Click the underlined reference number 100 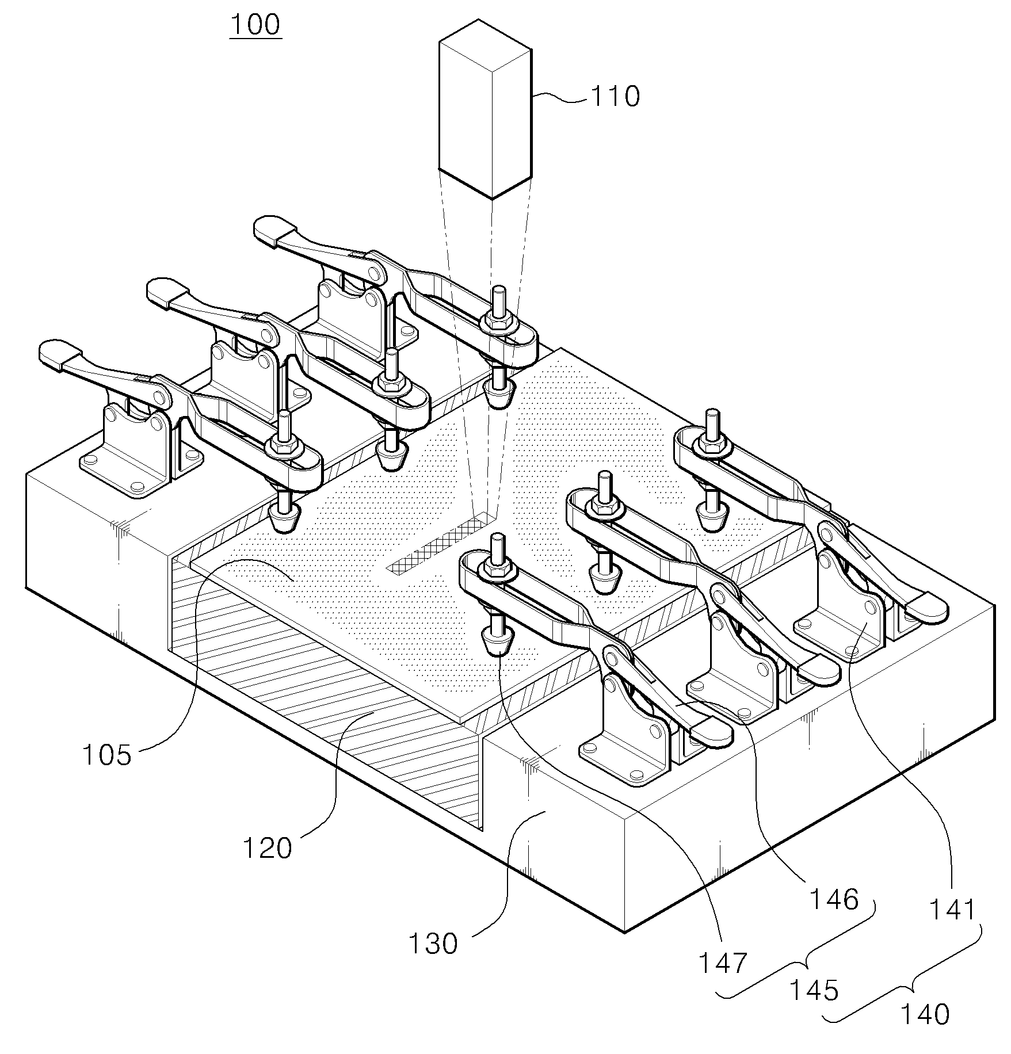click(255, 25)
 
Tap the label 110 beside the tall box click(615, 96)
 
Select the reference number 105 click(108, 755)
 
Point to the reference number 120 click(267, 847)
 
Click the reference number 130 click(432, 944)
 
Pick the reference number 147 click(723, 963)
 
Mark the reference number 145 click(814, 990)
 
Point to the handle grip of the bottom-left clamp click(61, 352)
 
